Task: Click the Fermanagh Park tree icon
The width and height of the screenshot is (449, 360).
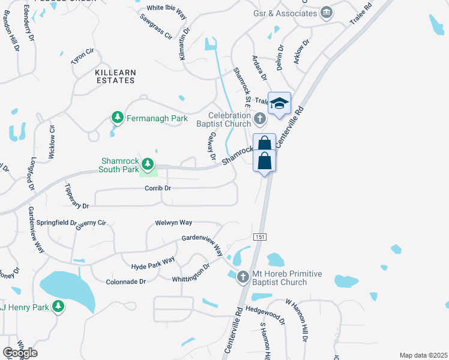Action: [x=118, y=118]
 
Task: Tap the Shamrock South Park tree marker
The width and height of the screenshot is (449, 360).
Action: [x=146, y=164]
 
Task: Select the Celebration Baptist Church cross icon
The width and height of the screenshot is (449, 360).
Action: [x=259, y=118]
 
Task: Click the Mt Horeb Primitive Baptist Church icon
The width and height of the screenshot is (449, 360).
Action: [x=243, y=277]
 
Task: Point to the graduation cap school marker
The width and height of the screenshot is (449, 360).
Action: [x=279, y=103]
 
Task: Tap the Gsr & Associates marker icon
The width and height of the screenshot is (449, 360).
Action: [x=327, y=12]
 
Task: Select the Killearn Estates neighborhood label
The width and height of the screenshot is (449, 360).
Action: [x=115, y=76]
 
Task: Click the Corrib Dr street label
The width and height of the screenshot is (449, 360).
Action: [x=158, y=188]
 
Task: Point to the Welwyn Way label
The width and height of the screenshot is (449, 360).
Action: [x=173, y=222]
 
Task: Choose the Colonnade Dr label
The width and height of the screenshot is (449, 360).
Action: [x=126, y=281]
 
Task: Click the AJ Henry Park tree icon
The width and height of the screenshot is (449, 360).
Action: [x=58, y=307]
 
